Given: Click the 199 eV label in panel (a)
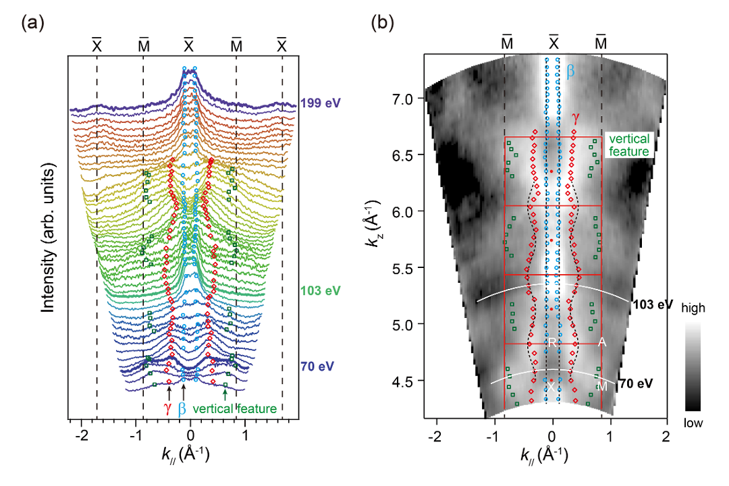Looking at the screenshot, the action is (321, 103).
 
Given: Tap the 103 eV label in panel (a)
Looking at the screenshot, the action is (321, 291).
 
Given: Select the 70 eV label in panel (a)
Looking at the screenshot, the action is (317, 367).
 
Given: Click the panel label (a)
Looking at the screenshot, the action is (33, 22).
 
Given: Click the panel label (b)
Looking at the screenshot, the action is (383, 22).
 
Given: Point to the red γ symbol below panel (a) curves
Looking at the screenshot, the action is (168, 409).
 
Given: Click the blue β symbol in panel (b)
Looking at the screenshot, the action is (570, 71).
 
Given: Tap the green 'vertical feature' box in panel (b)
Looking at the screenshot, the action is (629, 145).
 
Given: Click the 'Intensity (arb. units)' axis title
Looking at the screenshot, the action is (49, 238).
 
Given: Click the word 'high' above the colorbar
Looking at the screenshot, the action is (693, 308).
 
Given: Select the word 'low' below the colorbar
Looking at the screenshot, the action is (693, 423).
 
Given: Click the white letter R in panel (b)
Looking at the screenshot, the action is (552, 343).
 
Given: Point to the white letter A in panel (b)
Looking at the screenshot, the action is (602, 343).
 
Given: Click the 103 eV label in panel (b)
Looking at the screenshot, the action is (653, 304).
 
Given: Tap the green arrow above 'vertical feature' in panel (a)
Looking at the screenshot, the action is (225, 394).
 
